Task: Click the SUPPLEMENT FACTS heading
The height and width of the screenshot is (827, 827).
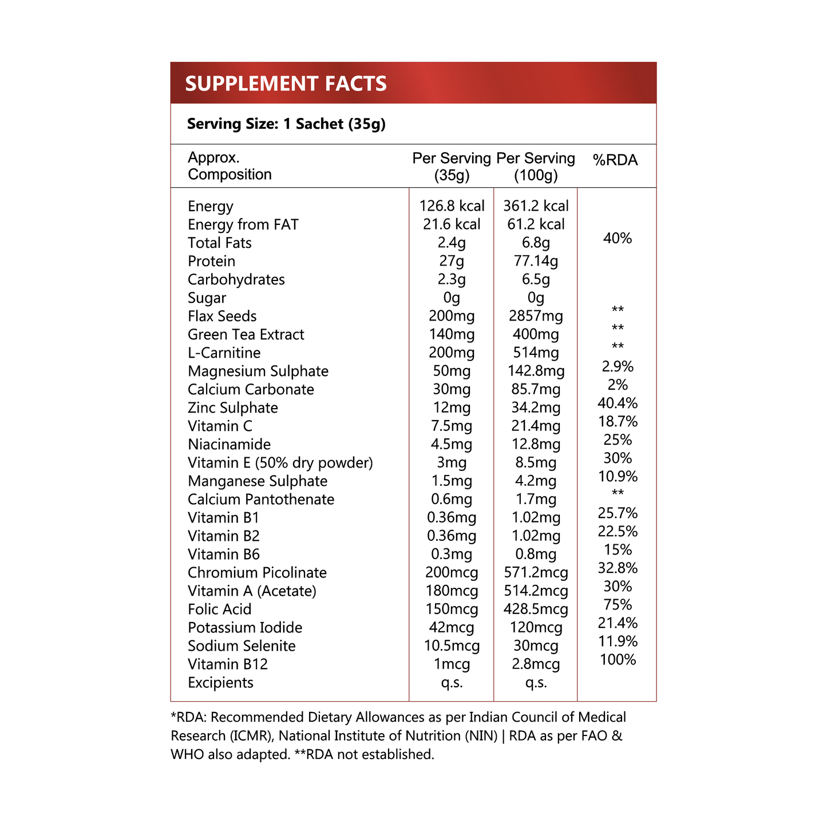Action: pyautogui.click(x=286, y=84)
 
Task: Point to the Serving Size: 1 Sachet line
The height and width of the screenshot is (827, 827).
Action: pyautogui.click(x=286, y=124)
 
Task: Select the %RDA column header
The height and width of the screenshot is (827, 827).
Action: pyautogui.click(x=615, y=160)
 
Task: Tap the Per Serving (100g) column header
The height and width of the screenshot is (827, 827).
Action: pyautogui.click(x=536, y=167)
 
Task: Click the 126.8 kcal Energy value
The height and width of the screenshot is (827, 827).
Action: pyautogui.click(x=452, y=206)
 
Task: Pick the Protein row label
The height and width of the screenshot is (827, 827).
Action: pyautogui.click(x=211, y=261)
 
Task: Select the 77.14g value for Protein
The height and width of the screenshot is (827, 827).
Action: pyautogui.click(x=536, y=261)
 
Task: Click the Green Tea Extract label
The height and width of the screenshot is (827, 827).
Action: pyautogui.click(x=246, y=334)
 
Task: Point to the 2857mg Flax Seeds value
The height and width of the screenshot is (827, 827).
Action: pyautogui.click(x=536, y=316)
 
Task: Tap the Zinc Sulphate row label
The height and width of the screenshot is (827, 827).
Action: pyautogui.click(x=233, y=407)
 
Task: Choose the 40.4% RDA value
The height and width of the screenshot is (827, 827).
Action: pyautogui.click(x=618, y=403)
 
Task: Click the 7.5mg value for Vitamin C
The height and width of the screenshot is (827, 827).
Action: pyautogui.click(x=452, y=426)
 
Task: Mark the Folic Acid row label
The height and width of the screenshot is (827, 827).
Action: pyautogui.click(x=220, y=609)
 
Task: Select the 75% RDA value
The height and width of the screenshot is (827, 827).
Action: pyautogui.click(x=618, y=605)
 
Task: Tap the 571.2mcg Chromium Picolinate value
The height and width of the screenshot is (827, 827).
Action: pyautogui.click(x=536, y=572)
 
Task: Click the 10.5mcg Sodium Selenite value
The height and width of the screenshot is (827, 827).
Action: pyautogui.click(x=452, y=646)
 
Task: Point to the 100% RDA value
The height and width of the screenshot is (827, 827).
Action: pyautogui.click(x=618, y=660)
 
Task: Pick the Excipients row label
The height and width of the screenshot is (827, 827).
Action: pyautogui.click(x=220, y=682)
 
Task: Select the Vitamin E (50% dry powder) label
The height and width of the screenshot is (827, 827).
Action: pyautogui.click(x=280, y=462)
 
